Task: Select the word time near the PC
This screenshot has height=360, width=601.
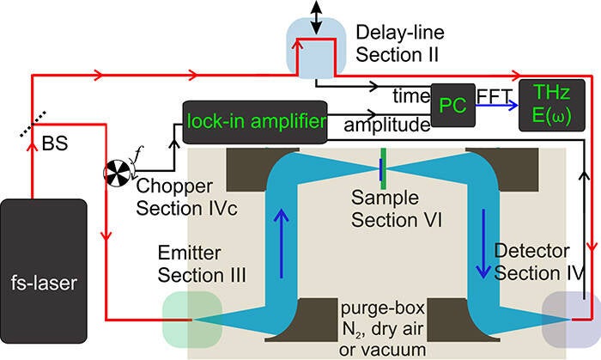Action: click(409, 93)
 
